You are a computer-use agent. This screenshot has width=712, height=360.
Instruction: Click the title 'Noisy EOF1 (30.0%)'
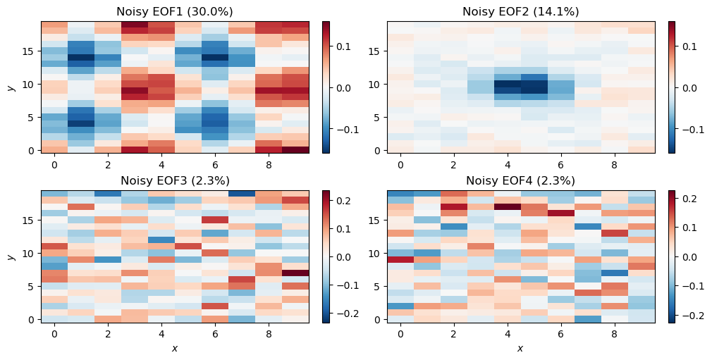(174, 11)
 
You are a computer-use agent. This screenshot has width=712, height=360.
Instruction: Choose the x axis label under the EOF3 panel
(174, 348)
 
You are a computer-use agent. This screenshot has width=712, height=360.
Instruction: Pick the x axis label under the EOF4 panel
(520, 348)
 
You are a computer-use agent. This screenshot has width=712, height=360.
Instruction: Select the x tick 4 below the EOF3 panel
(161, 334)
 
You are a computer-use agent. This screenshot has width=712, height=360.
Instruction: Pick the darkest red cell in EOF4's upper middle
(507, 207)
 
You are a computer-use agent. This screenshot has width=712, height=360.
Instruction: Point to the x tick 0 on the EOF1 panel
(54, 165)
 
